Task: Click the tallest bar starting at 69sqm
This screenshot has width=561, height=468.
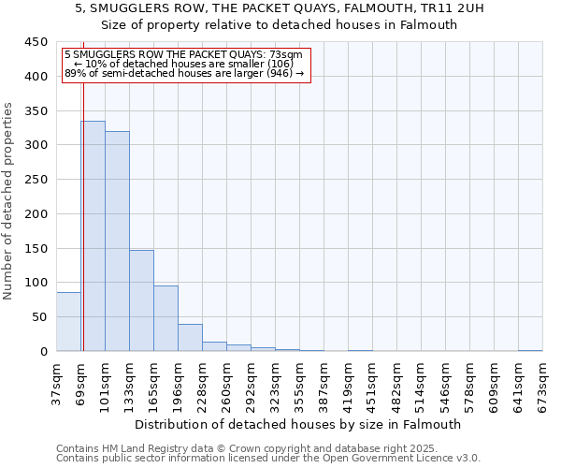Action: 93,236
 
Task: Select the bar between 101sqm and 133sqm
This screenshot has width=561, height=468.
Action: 117,241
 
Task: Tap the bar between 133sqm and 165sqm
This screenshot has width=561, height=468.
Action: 141,300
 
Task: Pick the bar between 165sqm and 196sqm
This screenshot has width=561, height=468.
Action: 165,318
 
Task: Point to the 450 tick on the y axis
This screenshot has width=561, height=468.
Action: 36,42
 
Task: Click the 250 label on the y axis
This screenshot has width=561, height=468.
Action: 36,180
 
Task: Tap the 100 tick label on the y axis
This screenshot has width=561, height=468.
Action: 36,283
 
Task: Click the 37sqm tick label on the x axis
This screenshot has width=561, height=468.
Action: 56,386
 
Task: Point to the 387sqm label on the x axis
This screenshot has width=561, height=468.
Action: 324,386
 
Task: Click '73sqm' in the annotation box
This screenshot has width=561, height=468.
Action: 285,55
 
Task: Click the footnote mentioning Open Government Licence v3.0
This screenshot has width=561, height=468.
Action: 268,459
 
